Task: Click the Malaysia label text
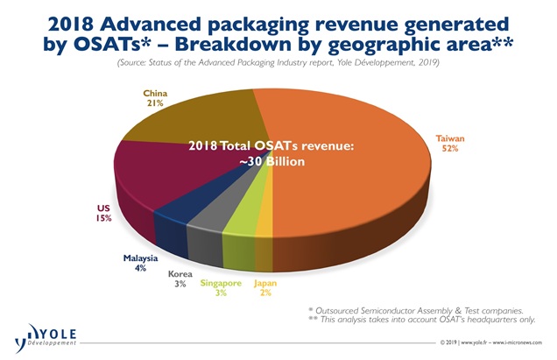[x=138, y=258]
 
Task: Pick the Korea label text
[x=182, y=274]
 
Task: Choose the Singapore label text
[x=223, y=284]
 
